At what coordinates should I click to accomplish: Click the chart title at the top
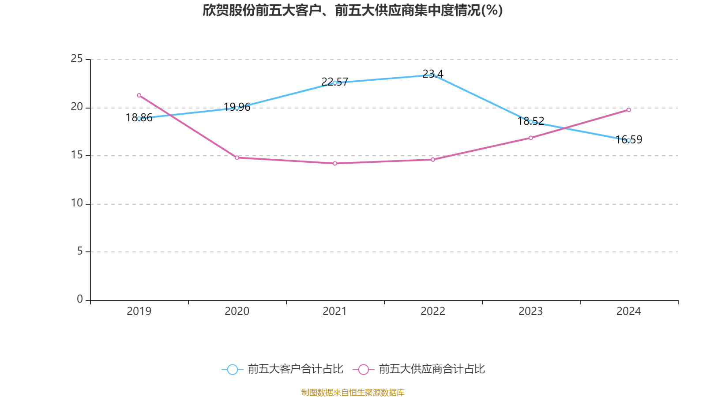[x=353, y=10]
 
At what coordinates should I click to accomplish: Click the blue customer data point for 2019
[x=139, y=119]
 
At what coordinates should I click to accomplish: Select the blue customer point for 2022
[x=433, y=75]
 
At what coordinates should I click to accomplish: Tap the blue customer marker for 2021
[x=335, y=83]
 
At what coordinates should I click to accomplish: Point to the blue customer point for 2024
[x=629, y=140]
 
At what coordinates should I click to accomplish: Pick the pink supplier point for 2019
[x=139, y=95]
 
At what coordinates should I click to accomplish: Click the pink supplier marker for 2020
[x=237, y=157]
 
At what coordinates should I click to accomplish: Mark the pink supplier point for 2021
[x=335, y=164]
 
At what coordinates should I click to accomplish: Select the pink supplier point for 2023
[x=531, y=138]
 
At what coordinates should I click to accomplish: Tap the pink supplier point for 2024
[x=629, y=110]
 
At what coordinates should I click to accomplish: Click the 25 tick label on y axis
[x=77, y=59]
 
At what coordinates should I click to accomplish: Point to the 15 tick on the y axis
[x=77, y=155]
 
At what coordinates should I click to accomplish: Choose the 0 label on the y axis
[x=80, y=299]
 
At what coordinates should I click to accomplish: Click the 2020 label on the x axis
[x=237, y=311]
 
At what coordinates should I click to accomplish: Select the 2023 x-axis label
[x=531, y=311]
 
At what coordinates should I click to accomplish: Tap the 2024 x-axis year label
[x=629, y=311]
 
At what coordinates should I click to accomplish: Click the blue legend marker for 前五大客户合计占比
[x=233, y=370]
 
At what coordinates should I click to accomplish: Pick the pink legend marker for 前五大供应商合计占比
[x=363, y=370]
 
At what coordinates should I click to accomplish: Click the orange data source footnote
[x=353, y=392]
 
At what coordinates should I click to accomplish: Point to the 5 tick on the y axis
[x=80, y=251]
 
